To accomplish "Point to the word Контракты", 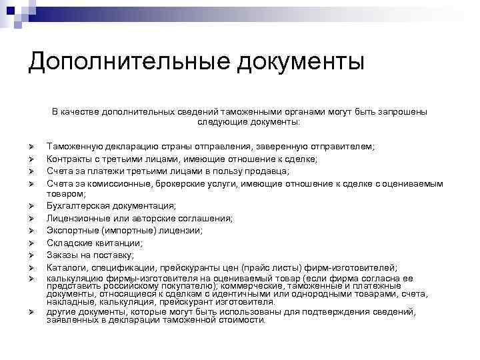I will tap(70, 158).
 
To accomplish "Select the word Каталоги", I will tap(67, 267).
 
